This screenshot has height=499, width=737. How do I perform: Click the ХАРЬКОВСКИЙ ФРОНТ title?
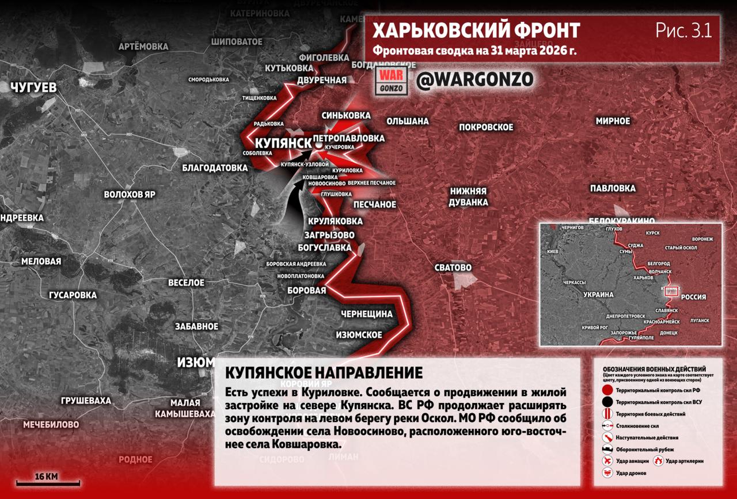click(476, 31)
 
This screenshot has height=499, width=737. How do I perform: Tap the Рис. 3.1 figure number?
click(683, 31)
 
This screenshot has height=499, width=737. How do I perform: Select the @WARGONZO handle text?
click(474, 79)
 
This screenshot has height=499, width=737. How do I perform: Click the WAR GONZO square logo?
click(393, 81)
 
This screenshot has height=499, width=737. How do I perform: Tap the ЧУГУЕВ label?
click(33, 87)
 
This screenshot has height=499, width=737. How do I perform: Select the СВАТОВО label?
click(453, 268)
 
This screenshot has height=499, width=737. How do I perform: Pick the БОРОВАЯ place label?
click(307, 291)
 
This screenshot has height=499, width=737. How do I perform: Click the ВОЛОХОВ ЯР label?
click(130, 195)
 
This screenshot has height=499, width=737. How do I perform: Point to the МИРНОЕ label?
click(613, 121)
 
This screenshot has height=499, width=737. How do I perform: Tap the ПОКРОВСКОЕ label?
click(486, 127)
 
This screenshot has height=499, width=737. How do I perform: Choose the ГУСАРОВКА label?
click(73, 295)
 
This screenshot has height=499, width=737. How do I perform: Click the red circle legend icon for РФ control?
click(607, 390)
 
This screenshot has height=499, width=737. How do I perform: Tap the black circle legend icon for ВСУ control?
click(607, 402)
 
